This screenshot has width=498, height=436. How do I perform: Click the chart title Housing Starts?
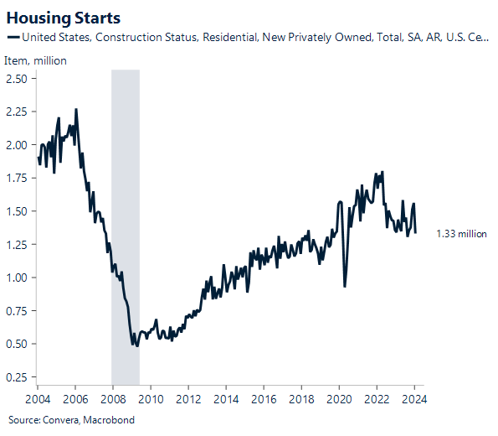[x=63, y=17]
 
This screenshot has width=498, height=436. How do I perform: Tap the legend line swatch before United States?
[x=13, y=37]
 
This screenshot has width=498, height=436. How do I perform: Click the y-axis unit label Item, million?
[x=35, y=60]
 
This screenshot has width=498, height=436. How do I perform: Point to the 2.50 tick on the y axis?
[x=17, y=79]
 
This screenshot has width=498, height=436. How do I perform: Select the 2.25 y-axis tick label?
[x=17, y=112]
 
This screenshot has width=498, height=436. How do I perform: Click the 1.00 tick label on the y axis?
[x=17, y=278]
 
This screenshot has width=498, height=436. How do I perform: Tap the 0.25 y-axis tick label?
[x=17, y=377]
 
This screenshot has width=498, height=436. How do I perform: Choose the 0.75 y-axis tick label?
[x=17, y=311]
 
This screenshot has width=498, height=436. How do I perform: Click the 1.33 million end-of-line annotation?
[x=461, y=234]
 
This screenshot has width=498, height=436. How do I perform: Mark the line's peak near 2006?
[x=76, y=110]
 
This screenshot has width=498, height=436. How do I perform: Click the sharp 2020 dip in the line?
[x=345, y=286]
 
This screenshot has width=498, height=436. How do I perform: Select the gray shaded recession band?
[x=126, y=210]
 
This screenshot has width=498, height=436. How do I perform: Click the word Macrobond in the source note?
[x=110, y=419]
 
